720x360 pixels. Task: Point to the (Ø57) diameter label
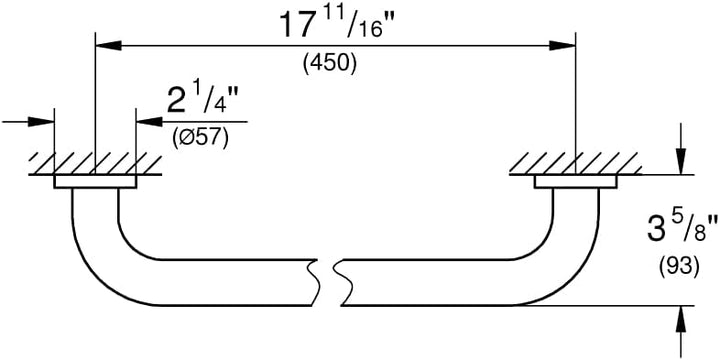[200, 139]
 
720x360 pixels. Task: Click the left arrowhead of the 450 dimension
[108, 45]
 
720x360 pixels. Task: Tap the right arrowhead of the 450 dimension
[562, 45]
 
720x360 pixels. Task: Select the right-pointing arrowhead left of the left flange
[41, 122]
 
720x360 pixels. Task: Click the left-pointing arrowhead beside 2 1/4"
[150, 122]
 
